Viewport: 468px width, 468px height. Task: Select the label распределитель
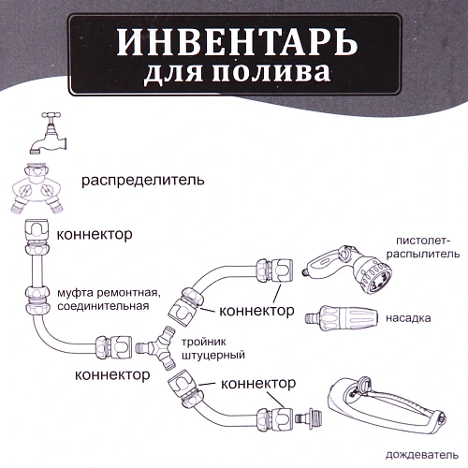click(153, 180)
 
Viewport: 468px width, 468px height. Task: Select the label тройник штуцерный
click(216, 348)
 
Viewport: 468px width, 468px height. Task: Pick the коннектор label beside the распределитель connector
click(95, 234)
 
